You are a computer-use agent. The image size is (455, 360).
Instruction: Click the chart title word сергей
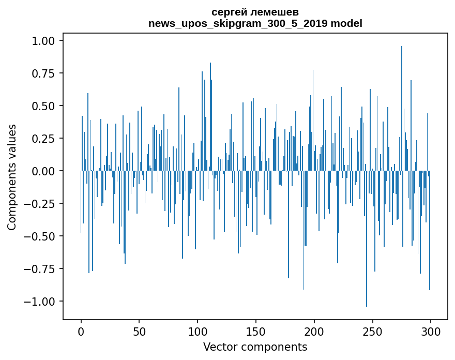tap(229, 13)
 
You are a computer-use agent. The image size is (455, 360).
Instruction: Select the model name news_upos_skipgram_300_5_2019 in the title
tap(238, 23)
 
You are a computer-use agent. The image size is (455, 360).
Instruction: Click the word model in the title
tap(346, 23)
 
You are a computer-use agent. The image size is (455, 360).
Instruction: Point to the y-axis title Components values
tap(11, 177)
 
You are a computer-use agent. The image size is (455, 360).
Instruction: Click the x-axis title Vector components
tap(255, 347)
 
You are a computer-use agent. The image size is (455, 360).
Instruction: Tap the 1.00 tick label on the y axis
tap(43, 41)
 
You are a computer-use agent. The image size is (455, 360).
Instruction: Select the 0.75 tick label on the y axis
tap(43, 73)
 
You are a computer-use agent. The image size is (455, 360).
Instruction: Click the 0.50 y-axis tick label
tap(43, 106)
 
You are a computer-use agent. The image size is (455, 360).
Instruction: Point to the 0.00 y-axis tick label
tap(43, 171)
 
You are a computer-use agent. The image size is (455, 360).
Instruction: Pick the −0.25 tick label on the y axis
tap(39, 204)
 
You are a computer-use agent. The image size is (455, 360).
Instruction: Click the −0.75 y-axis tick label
tap(39, 269)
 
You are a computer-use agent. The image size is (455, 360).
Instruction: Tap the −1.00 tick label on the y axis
tap(39, 302)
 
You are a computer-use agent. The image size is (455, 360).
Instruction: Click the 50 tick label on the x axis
tap(139, 332)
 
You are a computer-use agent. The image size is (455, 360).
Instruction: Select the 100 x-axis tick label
tap(198, 332)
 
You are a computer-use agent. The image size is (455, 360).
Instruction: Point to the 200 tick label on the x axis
tap(314, 332)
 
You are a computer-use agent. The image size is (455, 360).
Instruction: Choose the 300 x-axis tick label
tap(431, 332)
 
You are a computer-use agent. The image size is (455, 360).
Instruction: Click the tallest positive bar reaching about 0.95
tap(402, 108)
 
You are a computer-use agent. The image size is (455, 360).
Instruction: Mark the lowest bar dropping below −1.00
tap(367, 238)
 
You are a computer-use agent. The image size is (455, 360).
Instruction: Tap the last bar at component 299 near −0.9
tap(430, 230)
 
